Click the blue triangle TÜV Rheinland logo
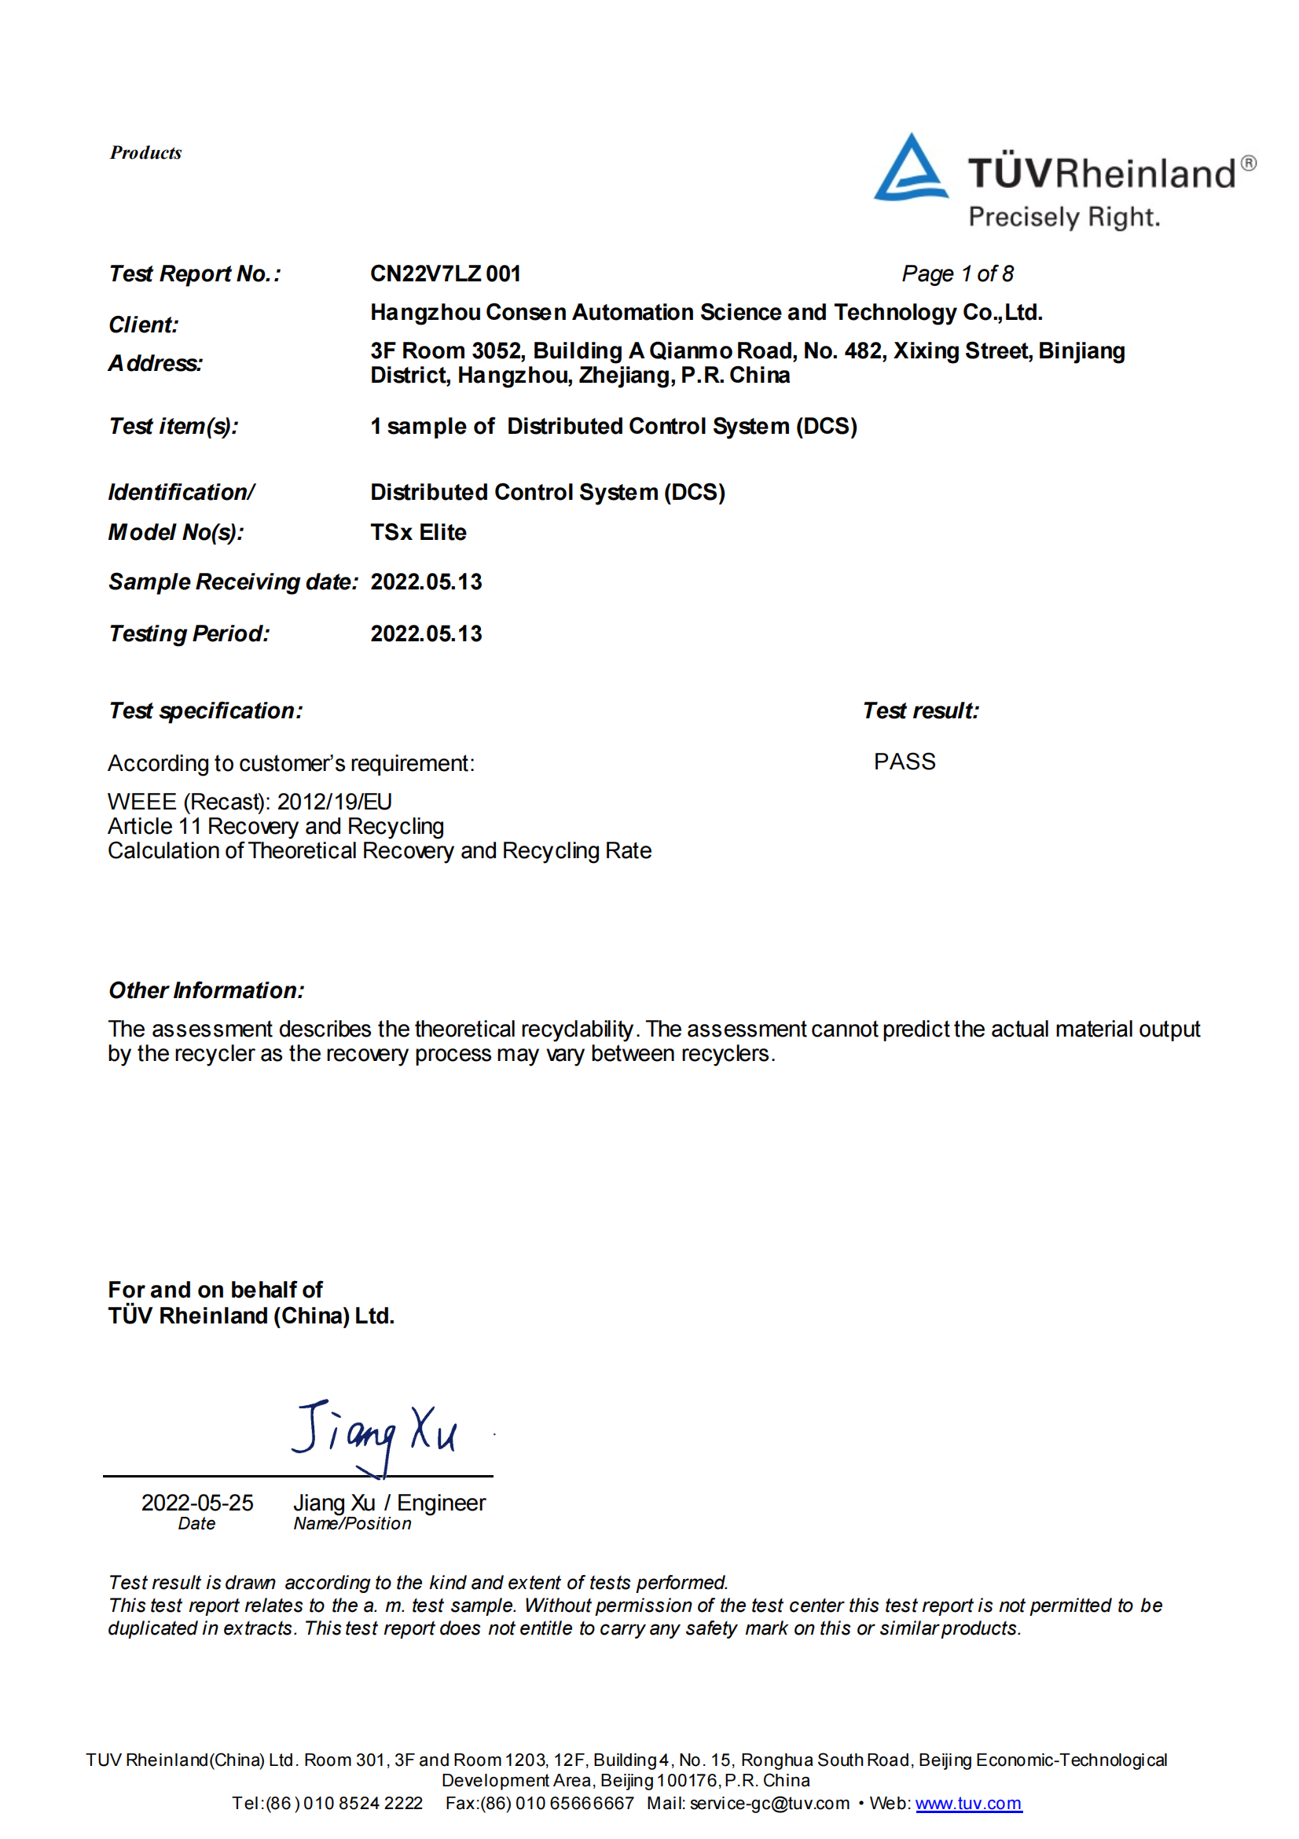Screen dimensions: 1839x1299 [x=911, y=168]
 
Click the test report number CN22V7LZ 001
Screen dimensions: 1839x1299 [x=446, y=274]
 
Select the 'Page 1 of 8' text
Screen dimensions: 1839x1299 [x=957, y=274]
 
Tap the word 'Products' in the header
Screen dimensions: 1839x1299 [x=145, y=152]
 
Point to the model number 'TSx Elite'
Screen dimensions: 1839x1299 [x=418, y=532]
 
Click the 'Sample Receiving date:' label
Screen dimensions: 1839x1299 [x=233, y=582]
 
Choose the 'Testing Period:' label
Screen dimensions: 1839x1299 [x=189, y=633]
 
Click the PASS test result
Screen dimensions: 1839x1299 [x=905, y=762]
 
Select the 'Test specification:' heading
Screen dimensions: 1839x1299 [x=206, y=710]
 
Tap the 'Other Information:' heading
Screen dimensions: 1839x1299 [x=207, y=990]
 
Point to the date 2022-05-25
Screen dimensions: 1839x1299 [x=197, y=1503]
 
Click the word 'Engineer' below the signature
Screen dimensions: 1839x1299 [x=442, y=1503]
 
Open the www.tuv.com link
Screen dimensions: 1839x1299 [x=968, y=1803]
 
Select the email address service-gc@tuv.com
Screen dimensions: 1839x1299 [x=769, y=1803]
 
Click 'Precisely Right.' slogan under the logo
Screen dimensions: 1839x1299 [x=1063, y=217]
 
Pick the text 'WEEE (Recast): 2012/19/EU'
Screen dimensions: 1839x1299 [x=250, y=802]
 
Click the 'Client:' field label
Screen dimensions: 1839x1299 [x=143, y=325]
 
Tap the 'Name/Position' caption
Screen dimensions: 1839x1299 [x=352, y=1523]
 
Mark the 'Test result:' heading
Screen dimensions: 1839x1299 [x=920, y=710]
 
